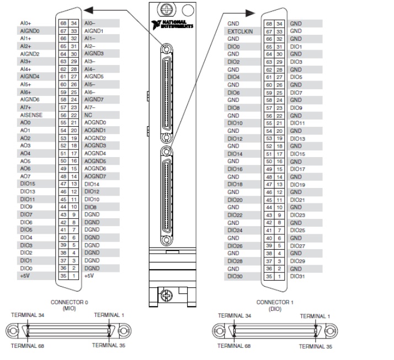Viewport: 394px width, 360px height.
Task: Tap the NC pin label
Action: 88,115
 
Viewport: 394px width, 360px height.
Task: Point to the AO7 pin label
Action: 25,176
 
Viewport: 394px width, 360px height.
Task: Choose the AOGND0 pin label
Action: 95,122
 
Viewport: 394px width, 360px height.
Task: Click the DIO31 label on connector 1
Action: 297,275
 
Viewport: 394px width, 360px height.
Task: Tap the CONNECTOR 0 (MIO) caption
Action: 70,305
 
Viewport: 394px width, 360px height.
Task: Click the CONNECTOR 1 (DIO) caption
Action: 274,305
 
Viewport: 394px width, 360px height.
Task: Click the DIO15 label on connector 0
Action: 28,184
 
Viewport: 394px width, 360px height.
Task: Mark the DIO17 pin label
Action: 297,169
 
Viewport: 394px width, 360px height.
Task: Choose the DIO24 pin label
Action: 236,229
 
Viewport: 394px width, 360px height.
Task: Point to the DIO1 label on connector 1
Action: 296,47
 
